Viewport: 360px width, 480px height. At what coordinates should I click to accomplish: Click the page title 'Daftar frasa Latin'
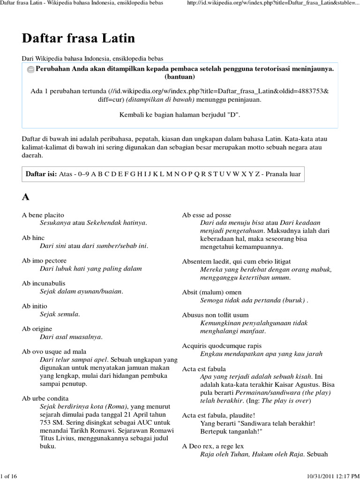coord(78,38)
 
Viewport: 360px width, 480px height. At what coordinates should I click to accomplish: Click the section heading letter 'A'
coord(26,196)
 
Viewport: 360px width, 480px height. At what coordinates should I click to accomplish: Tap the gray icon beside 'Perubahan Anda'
coord(30,69)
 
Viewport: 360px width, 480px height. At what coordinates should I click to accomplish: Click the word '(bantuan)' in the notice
coord(180,77)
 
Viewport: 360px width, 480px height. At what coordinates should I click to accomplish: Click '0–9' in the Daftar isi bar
coord(82,174)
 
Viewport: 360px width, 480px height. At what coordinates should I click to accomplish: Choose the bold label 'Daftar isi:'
coord(41,174)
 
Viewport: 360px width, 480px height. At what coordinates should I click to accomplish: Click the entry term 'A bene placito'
coord(43,215)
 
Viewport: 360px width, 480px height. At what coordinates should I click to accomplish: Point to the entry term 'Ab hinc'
coord(33,238)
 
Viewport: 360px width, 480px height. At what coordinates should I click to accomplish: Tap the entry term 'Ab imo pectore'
coord(44,260)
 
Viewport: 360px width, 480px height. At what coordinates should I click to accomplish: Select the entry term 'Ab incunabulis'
coord(44,283)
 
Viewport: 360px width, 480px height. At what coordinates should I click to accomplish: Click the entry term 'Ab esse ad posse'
coord(207,215)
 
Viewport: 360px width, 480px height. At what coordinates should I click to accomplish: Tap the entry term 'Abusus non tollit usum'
coord(215,315)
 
